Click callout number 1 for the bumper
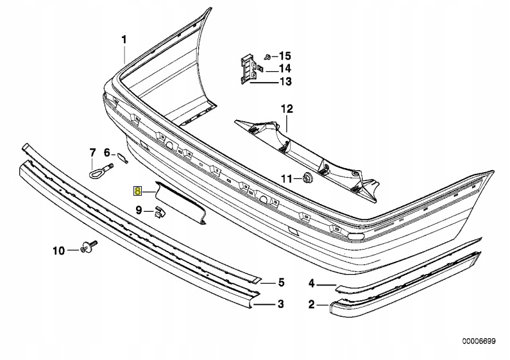[124, 40]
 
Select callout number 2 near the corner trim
[312, 305]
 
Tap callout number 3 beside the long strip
[280, 304]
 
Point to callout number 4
[312, 282]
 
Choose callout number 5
[280, 282]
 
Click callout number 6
[107, 153]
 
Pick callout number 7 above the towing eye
[92, 152]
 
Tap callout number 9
[138, 210]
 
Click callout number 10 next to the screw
[58, 250]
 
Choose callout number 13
[285, 81]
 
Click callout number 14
[285, 69]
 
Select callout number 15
[285, 56]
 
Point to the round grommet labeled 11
[307, 177]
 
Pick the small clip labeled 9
[157, 212]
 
